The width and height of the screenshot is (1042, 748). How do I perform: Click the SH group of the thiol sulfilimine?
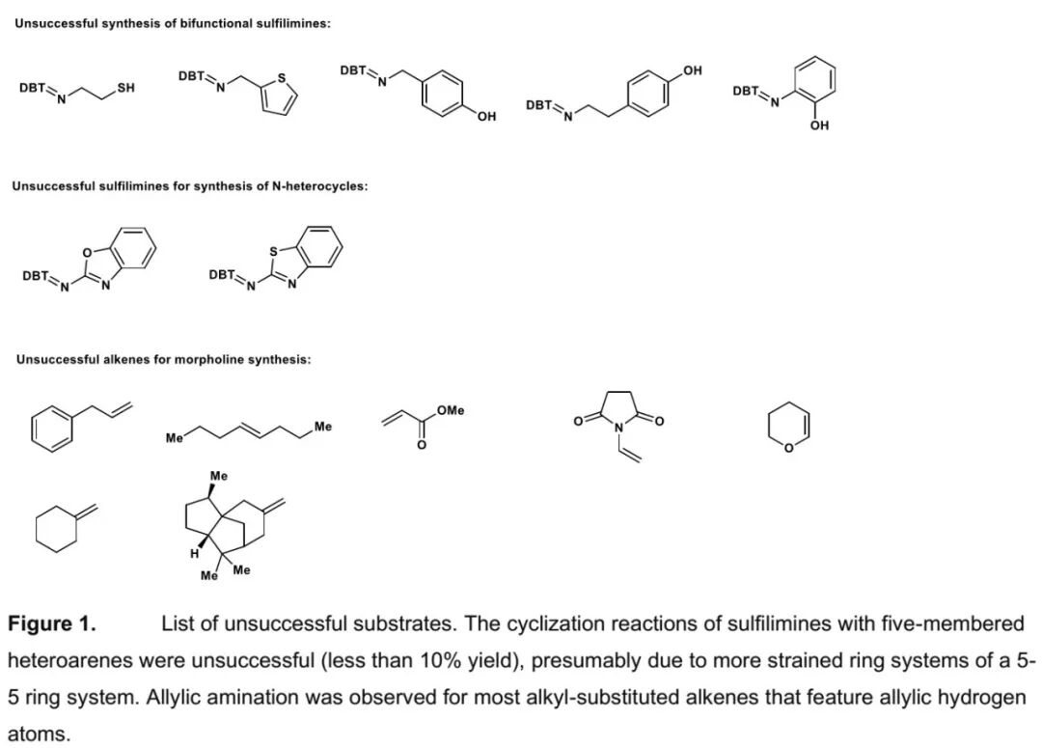point(125,88)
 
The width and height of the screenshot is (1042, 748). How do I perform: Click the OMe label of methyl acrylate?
point(450,411)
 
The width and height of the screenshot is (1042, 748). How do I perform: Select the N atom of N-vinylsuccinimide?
point(619,428)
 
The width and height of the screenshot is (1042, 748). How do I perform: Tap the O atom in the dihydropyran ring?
point(788,446)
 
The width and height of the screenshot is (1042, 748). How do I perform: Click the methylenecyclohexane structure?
point(64,527)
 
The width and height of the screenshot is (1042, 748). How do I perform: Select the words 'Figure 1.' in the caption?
point(52,624)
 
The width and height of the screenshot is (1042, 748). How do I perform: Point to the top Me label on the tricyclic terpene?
point(219,476)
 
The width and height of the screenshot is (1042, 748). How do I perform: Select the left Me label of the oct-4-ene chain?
point(175,439)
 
